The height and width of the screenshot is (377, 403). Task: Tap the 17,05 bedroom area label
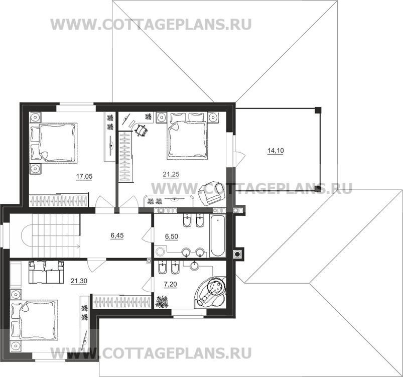[x=84, y=176]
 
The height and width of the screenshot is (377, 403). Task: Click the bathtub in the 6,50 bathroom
[x=217, y=236]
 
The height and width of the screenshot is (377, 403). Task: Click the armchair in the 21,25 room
[x=211, y=192]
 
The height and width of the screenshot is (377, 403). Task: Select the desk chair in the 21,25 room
[x=142, y=130]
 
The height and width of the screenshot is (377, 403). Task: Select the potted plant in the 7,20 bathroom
[x=162, y=302]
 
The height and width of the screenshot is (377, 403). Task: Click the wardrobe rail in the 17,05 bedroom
[x=59, y=201]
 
